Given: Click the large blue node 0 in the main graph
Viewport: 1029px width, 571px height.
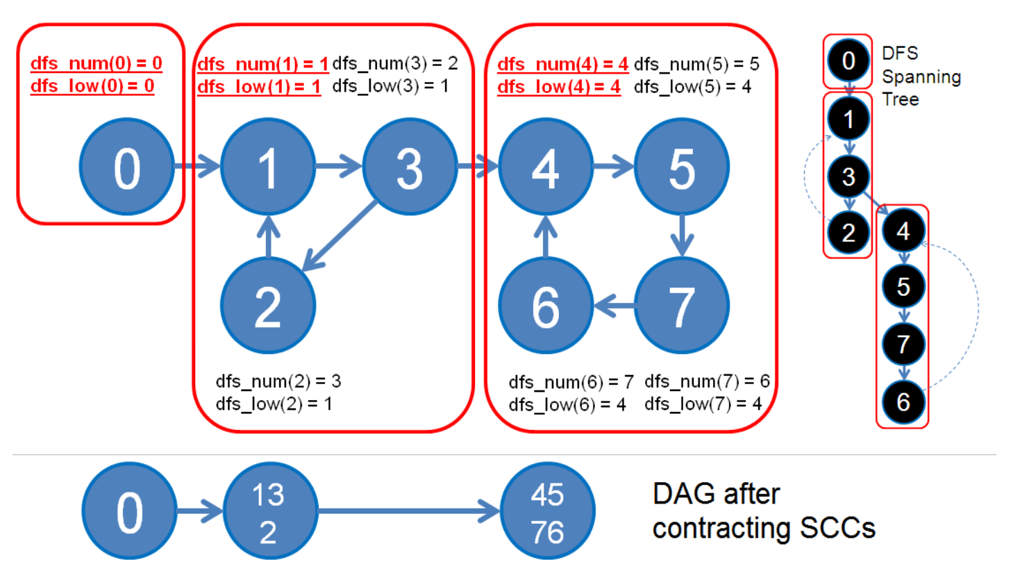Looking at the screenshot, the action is click(127, 167).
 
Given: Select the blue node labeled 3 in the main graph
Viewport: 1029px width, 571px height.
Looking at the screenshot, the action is click(410, 167).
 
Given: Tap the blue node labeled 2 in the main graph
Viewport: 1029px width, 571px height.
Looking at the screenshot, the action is click(268, 305).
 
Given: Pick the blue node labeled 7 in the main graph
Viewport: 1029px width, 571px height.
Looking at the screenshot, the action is click(682, 305).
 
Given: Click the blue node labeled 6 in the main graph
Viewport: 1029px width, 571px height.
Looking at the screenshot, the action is click(546, 305).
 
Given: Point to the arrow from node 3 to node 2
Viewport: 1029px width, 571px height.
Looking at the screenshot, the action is click(340, 236).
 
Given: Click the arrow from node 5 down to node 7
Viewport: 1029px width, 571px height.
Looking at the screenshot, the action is click(682, 235).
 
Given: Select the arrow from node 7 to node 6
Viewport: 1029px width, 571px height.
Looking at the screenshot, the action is click(614, 305).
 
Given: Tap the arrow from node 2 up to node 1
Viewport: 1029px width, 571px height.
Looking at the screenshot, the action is click(269, 236).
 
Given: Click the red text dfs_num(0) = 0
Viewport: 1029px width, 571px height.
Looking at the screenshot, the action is click(97, 63).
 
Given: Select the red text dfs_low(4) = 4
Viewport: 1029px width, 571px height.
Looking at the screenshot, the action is click(559, 87).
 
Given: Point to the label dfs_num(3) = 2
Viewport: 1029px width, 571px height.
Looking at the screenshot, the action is click(395, 63).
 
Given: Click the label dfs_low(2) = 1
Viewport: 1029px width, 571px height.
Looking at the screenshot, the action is click(274, 404).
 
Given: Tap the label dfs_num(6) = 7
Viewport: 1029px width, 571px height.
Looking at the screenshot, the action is click(571, 382).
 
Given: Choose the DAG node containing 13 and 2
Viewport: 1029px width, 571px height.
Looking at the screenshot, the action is click(271, 511).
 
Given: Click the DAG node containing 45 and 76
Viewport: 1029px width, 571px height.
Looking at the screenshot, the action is click(548, 511).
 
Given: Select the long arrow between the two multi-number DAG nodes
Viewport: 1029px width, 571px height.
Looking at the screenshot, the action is click(409, 511).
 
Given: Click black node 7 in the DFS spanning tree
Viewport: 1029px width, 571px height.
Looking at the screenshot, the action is click(903, 344).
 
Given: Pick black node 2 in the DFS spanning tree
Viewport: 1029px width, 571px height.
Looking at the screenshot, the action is click(848, 233).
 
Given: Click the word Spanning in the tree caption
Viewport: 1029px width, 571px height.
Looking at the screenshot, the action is click(921, 77).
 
